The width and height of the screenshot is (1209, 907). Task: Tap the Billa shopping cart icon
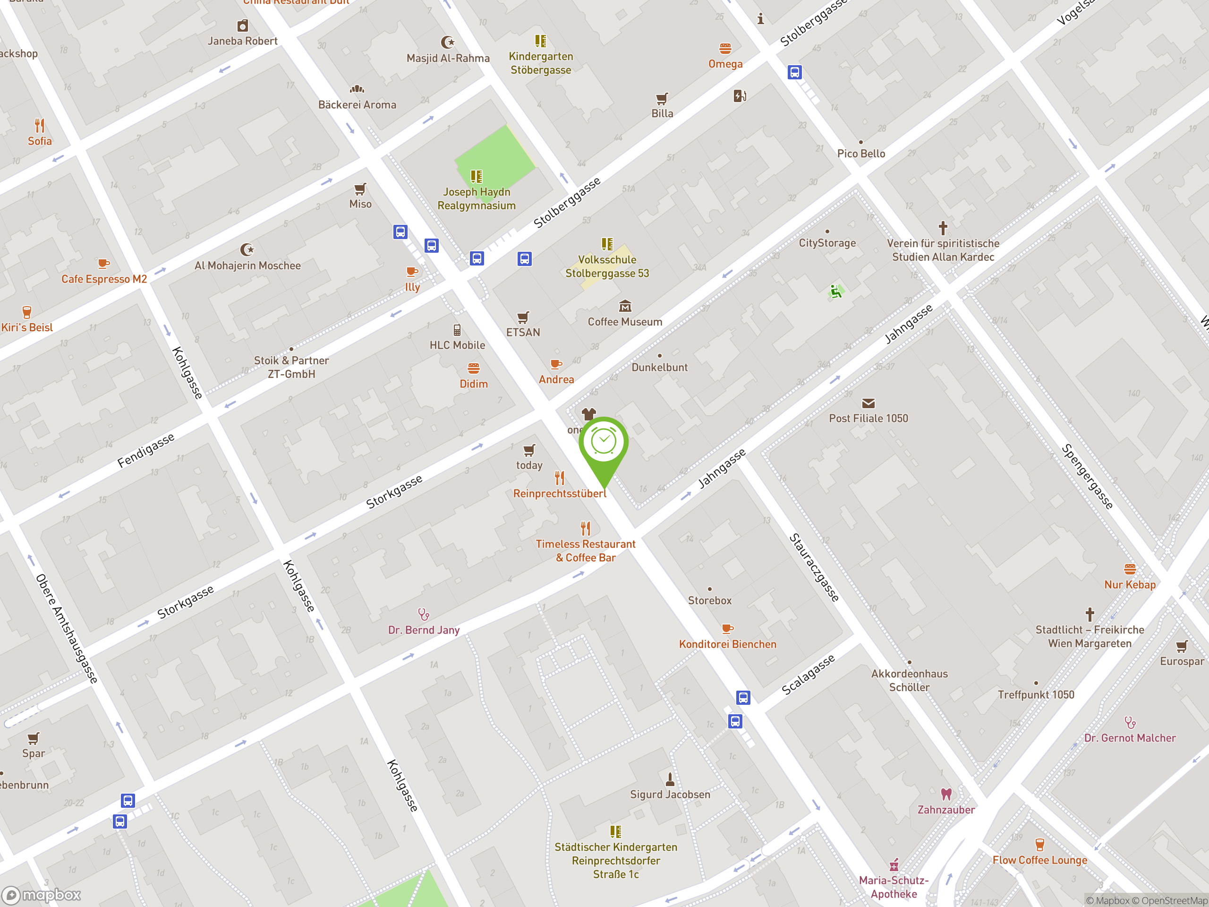coord(662,98)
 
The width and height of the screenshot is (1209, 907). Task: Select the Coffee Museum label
coord(625,322)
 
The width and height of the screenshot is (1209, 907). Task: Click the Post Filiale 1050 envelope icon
coord(868,403)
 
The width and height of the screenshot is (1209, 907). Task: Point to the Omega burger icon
coord(725,49)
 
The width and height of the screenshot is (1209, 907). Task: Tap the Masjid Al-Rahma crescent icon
coord(448,42)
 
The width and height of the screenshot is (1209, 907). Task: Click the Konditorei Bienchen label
coord(727,644)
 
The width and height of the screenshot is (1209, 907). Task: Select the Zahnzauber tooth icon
coord(946,794)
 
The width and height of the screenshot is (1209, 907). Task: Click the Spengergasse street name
coord(1087,477)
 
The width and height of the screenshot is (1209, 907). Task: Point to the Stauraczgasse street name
coord(814,567)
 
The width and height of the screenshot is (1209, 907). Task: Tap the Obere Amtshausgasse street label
coord(66,629)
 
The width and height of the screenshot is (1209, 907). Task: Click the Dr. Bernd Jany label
coord(424,630)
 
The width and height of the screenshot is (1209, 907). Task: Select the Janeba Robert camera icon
coord(242,26)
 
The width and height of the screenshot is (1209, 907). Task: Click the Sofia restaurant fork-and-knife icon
coord(39,126)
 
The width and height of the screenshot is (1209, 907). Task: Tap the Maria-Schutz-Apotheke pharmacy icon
coord(894,865)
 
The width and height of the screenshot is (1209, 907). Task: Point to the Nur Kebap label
coord(1130,584)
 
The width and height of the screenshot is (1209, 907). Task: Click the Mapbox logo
coord(42,895)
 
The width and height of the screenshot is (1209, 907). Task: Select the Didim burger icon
coord(473,368)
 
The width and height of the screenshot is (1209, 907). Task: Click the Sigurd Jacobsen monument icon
coord(670,779)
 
